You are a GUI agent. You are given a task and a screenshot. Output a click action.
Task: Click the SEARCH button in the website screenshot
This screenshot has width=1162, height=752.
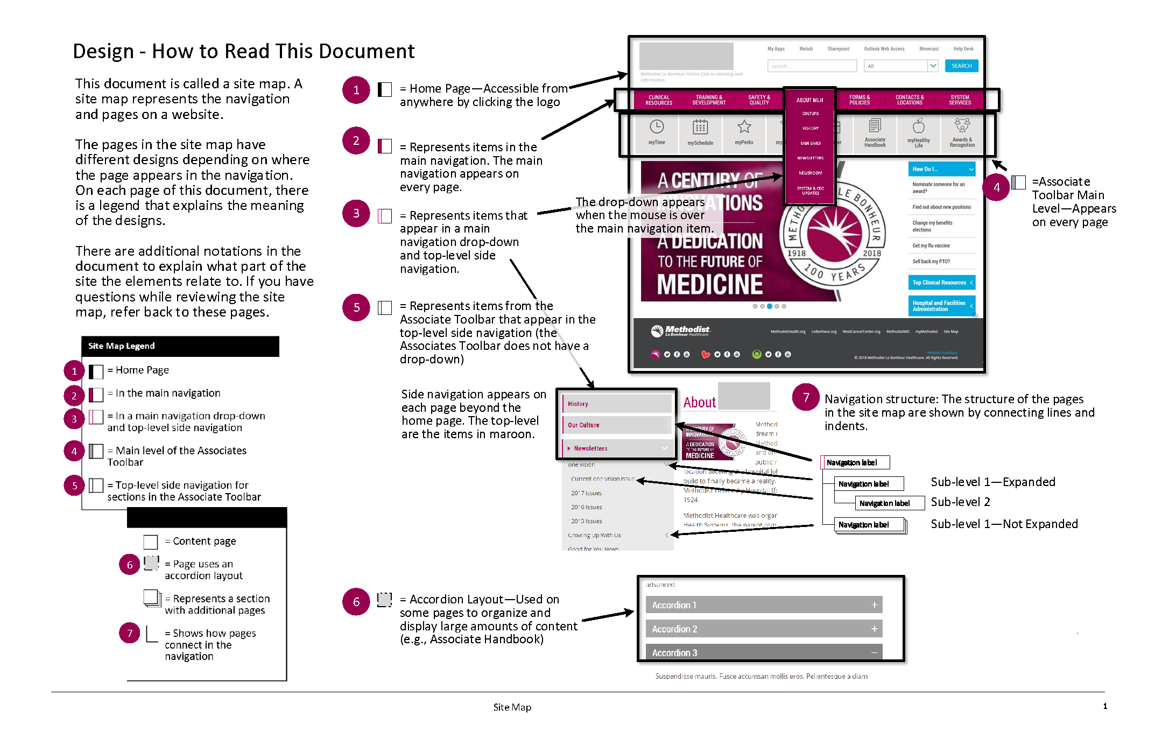pos(961,66)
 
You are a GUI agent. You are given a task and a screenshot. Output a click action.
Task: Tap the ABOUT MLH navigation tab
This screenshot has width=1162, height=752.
pos(809,100)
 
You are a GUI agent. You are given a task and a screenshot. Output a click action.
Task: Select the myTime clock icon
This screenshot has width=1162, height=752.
pos(657,127)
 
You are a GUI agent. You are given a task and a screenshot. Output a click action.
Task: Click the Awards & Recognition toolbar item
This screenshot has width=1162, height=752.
pos(962,132)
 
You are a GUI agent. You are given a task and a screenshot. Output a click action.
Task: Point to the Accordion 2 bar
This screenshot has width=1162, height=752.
pos(764,629)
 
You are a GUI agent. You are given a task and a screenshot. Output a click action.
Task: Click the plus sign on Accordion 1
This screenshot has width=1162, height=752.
pos(875,605)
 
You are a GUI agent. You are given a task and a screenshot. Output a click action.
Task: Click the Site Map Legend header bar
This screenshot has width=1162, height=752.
pos(180,346)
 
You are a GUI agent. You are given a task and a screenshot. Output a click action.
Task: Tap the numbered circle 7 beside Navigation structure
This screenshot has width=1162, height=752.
pos(806,397)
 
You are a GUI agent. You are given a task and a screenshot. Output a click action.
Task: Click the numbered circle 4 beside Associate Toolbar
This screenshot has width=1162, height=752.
pos(996,187)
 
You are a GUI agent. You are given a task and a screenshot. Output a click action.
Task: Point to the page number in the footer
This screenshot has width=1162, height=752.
pos(1105,706)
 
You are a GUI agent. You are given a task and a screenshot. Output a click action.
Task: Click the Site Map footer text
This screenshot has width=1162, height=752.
pos(512,707)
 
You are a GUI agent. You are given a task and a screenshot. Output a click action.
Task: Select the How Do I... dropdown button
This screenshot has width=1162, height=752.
pos(941,169)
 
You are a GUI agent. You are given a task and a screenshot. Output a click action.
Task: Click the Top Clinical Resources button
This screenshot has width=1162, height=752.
pos(941,283)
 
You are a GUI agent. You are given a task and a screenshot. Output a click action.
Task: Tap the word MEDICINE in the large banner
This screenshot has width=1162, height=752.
pos(709,284)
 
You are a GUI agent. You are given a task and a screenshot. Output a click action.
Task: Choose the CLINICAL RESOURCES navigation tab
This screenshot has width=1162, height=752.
pos(659,100)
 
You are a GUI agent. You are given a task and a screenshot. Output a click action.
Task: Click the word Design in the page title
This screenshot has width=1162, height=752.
pos(103,51)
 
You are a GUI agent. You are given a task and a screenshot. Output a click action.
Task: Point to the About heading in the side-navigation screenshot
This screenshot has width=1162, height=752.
pos(699,402)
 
